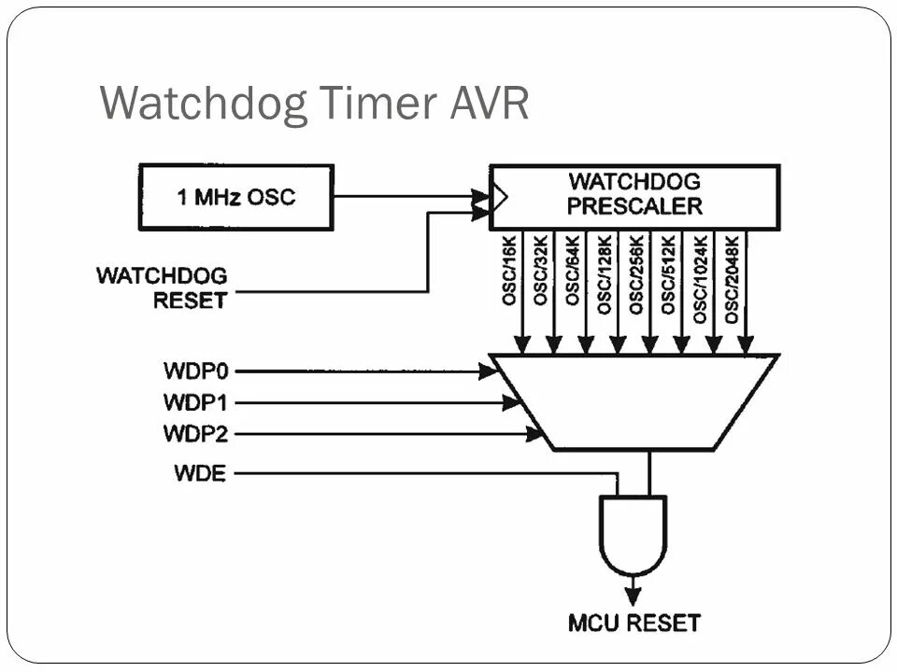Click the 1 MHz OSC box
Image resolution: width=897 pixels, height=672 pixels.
(235, 197)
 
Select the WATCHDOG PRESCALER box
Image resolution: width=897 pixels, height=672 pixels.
(634, 197)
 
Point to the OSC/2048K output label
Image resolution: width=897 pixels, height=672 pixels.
(733, 279)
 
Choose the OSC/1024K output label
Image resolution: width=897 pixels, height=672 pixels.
(701, 279)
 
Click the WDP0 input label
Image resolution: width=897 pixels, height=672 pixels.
(196, 371)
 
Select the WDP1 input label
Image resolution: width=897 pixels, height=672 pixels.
(196, 403)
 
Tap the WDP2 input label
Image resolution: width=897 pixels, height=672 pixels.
(196, 434)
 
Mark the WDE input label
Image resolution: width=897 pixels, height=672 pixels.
(200, 473)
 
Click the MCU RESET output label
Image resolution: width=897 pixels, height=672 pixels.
(634, 622)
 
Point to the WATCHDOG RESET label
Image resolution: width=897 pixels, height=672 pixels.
(161, 288)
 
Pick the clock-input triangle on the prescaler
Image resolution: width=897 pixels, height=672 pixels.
(500, 197)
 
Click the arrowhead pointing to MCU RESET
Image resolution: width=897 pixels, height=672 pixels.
(634, 595)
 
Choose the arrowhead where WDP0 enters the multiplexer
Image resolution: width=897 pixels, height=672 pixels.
(488, 371)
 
